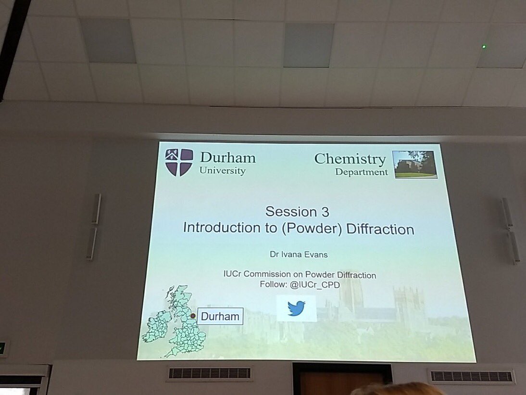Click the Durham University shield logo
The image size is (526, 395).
click(179, 162)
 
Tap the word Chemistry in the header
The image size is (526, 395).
click(350, 159)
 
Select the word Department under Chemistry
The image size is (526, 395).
click(362, 172)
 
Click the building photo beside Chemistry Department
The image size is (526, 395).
click(414, 165)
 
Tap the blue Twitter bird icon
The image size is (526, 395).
click(297, 308)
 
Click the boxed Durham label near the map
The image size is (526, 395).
click(220, 317)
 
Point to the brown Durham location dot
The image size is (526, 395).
click(193, 316)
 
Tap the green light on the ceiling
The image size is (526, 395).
click(484, 47)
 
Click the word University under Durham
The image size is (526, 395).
click(223, 171)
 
